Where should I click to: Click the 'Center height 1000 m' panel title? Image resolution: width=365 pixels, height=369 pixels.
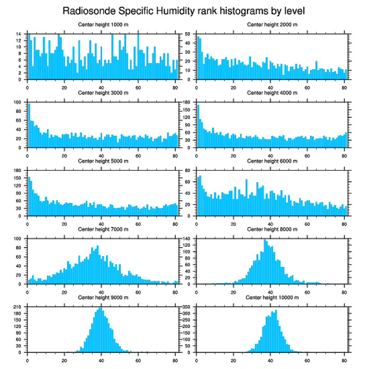point(103,25)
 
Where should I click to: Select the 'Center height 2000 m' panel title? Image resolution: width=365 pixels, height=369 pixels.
point(272,25)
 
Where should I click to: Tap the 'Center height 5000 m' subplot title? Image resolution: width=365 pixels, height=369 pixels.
point(103,161)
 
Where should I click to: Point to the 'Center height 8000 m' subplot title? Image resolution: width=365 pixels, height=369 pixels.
point(272,229)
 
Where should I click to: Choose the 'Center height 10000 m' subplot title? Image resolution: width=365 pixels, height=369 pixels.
point(272,298)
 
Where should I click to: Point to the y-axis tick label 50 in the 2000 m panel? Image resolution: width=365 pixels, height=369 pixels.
point(188,34)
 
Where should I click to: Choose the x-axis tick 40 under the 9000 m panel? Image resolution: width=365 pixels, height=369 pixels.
point(102,359)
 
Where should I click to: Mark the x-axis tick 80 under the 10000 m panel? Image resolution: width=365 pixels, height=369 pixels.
point(344,359)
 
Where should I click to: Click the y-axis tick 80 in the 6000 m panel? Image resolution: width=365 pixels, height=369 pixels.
point(188,171)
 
